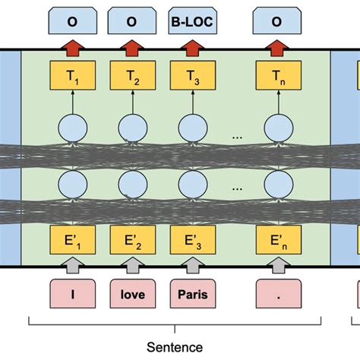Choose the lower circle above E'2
[133, 183]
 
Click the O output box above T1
[72, 23]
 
